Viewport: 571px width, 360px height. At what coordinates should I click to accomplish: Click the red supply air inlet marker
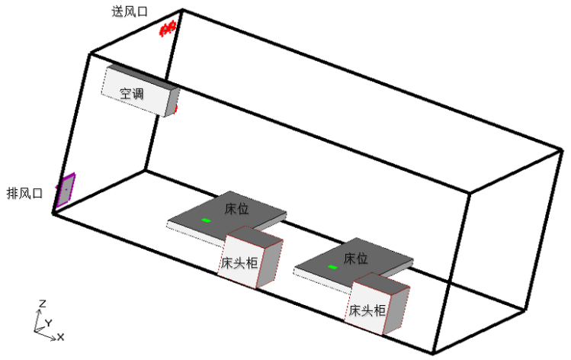[x=168, y=28]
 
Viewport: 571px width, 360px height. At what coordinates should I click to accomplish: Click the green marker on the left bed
[x=206, y=220]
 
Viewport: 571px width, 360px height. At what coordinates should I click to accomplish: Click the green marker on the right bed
[x=332, y=267]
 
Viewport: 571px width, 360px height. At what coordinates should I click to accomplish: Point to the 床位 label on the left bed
[x=237, y=207]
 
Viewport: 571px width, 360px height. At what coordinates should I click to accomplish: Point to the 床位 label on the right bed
[x=357, y=258]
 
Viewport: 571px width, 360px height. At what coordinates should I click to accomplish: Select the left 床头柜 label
[x=239, y=262]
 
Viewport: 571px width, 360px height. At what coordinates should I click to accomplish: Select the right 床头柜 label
[x=367, y=310]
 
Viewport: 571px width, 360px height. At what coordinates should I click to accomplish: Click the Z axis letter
[x=42, y=304]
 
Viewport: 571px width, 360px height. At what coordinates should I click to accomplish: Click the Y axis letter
[x=48, y=323]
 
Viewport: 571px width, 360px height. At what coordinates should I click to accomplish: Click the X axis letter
[x=60, y=336]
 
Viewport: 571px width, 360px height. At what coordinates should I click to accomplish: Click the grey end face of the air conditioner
[x=173, y=101]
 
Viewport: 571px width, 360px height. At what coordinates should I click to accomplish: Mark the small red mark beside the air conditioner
[x=176, y=109]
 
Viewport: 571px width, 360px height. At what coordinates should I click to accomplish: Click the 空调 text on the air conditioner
[x=132, y=94]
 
